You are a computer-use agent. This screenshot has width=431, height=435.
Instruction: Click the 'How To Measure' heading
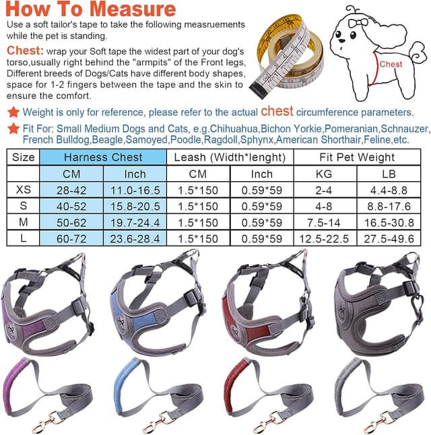click(92, 11)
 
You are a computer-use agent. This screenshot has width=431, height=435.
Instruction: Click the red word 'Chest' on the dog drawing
click(391, 65)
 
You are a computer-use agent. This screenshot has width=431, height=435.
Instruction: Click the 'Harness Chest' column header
click(103, 158)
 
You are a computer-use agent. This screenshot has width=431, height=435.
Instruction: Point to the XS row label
click(23, 191)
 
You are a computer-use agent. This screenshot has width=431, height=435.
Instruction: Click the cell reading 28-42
click(71, 191)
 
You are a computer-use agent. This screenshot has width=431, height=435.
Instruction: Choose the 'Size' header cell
click(24, 158)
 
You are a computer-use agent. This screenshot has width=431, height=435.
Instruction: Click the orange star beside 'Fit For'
click(13, 128)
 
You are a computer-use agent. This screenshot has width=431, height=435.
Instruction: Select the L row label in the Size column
click(23, 239)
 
